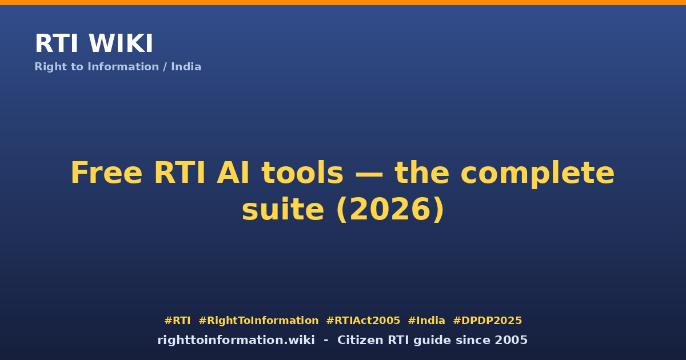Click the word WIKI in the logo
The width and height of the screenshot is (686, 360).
(121, 43)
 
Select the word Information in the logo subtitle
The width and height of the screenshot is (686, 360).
(123, 66)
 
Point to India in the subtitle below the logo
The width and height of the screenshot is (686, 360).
(186, 66)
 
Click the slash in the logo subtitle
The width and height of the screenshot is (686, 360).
(165, 67)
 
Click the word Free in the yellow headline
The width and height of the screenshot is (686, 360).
(106, 173)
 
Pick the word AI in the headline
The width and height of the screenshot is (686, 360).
(233, 173)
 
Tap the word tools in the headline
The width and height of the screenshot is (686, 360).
(302, 173)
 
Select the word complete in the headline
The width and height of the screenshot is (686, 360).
(537, 174)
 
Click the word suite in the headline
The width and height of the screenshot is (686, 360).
(282, 209)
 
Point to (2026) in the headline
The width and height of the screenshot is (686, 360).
(390, 210)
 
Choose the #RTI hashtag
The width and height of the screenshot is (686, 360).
(177, 321)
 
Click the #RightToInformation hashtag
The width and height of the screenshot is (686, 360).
(258, 321)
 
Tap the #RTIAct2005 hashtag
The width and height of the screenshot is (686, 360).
(363, 321)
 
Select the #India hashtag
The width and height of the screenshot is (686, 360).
(426, 321)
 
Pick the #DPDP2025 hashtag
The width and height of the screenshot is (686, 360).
(487, 321)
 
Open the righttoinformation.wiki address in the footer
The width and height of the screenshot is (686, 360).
(236, 340)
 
